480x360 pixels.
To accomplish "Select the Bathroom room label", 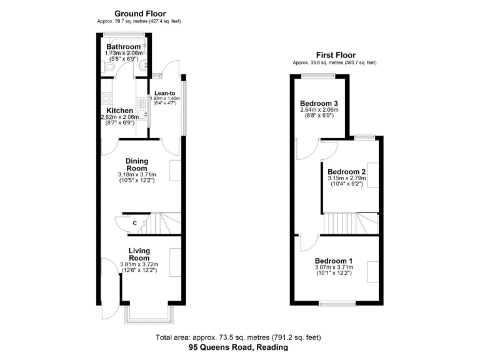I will pyautogui.click(x=123, y=47).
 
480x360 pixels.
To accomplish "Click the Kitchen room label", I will pyautogui.click(x=119, y=111).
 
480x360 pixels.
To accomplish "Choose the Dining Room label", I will pyautogui.click(x=136, y=164).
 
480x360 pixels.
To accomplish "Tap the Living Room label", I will pyautogui.click(x=139, y=254).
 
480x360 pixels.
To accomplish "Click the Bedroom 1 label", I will pyautogui.click(x=334, y=261).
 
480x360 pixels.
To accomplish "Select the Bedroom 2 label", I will pyautogui.click(x=346, y=172).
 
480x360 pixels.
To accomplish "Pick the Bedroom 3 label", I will pyautogui.click(x=319, y=103).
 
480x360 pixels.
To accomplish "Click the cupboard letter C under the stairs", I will pyautogui.click(x=135, y=223).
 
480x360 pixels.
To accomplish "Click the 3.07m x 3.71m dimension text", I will pyautogui.click(x=334, y=267).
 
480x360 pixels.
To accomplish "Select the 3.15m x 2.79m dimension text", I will pyautogui.click(x=346, y=179).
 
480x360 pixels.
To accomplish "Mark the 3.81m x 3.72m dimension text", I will pyautogui.click(x=139, y=264).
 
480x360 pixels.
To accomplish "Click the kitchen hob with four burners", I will pyautogui.click(x=107, y=98).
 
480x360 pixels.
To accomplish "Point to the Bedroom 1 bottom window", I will pyautogui.click(x=338, y=304).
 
